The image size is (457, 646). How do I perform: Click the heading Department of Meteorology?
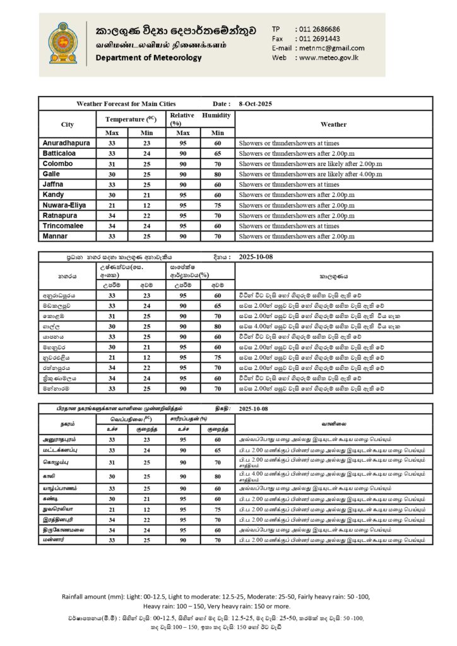click(x=149, y=58)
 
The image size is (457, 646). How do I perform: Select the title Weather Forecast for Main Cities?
click(x=126, y=103)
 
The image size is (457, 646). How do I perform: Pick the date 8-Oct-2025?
click(x=256, y=103)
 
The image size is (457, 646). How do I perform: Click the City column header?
click(x=68, y=124)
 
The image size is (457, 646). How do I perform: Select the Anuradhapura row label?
click(x=66, y=143)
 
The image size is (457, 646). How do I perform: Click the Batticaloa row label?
click(x=60, y=153)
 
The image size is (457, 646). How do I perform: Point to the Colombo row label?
click(x=57, y=163)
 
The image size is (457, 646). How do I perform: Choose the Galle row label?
click(x=51, y=173)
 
